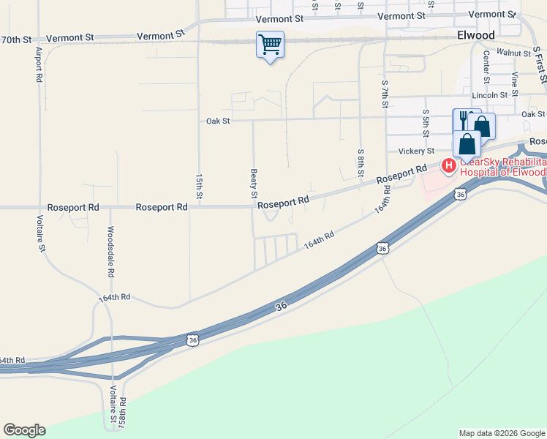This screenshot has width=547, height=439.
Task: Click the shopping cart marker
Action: [x=270, y=45]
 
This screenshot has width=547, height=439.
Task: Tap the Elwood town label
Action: [x=475, y=35]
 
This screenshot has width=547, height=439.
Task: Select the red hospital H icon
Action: [x=449, y=167]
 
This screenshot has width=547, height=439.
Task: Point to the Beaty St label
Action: [x=254, y=184]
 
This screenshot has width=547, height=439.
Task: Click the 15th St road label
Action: [x=199, y=186]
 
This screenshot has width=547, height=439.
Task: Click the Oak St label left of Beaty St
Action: [x=218, y=121]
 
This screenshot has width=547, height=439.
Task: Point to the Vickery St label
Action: [x=417, y=151]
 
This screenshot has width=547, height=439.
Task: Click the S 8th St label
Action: [x=361, y=163]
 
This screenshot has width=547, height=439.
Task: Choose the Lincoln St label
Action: [x=489, y=95]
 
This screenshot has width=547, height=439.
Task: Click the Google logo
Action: [x=24, y=430]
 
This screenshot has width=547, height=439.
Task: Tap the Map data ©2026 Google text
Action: [x=501, y=433]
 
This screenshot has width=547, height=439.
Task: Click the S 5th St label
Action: [x=425, y=123]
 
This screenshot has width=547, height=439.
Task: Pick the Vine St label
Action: [x=515, y=84]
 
